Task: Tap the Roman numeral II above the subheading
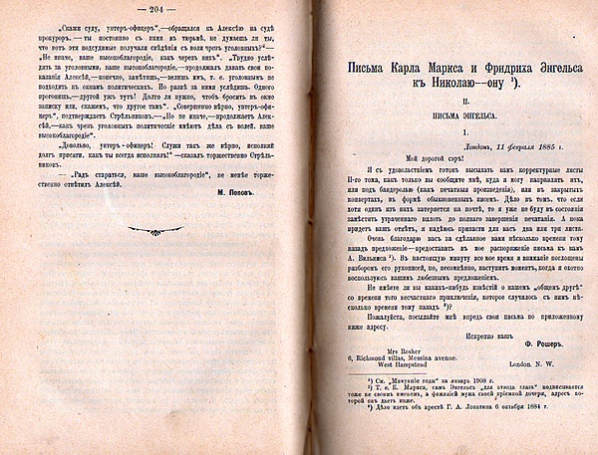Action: (454, 112)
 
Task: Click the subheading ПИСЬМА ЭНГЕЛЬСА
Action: (454, 126)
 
